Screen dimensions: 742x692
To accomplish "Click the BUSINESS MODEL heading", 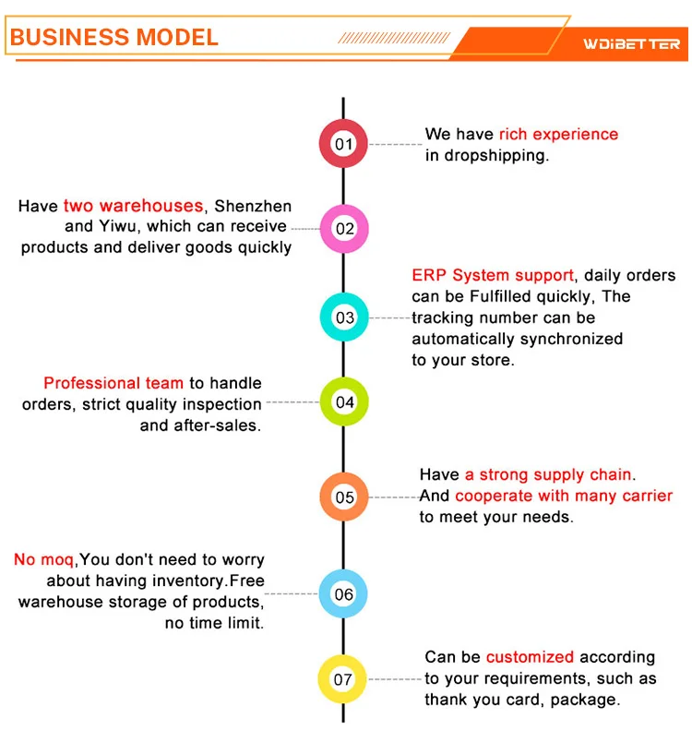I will point(114,37).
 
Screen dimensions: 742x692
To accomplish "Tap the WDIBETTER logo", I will point(631,43).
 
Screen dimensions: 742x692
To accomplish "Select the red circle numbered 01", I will point(343,144).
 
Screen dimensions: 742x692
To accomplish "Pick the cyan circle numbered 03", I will point(343,317).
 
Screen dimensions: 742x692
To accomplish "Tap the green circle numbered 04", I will point(343,402).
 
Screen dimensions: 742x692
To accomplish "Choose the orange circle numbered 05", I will point(343,497).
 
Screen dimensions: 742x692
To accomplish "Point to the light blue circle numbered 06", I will point(343,594).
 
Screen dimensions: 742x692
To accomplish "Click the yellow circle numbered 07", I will point(343,680).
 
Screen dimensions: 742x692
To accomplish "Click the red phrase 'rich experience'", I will point(558,135).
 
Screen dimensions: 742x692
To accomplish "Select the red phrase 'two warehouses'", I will point(133,206).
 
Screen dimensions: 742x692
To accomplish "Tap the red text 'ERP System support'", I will point(493,276).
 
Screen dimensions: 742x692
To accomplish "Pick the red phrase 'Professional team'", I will point(113,383).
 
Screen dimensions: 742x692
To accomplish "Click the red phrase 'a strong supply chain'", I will point(548,475).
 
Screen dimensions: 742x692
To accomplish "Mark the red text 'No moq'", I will point(43,560).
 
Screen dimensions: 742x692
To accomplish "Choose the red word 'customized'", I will point(530,658).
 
